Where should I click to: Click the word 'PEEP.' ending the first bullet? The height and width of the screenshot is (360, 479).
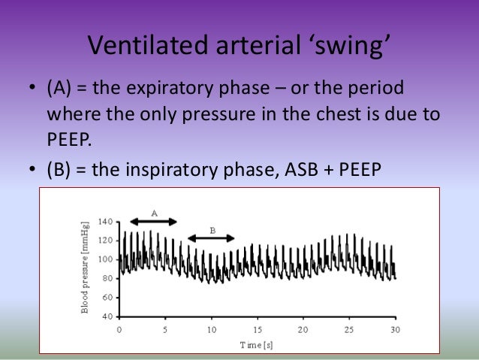pyautogui.click(x=69, y=142)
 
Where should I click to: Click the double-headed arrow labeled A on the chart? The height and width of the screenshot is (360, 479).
pyautogui.click(x=153, y=222)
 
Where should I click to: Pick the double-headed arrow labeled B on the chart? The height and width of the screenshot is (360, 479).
pyautogui.click(x=211, y=238)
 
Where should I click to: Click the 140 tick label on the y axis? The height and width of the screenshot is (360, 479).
pyautogui.click(x=104, y=222)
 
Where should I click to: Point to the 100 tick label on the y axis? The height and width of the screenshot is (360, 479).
pyautogui.click(x=104, y=259)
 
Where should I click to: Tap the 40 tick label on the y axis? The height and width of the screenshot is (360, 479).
pyautogui.click(x=107, y=316)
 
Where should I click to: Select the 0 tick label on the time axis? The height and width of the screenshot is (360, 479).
pyautogui.click(x=119, y=329)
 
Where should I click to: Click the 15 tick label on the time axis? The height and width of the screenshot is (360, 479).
pyautogui.click(x=258, y=329)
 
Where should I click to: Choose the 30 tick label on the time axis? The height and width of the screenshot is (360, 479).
pyautogui.click(x=395, y=329)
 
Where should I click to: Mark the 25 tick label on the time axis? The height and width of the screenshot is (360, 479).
pyautogui.click(x=349, y=329)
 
